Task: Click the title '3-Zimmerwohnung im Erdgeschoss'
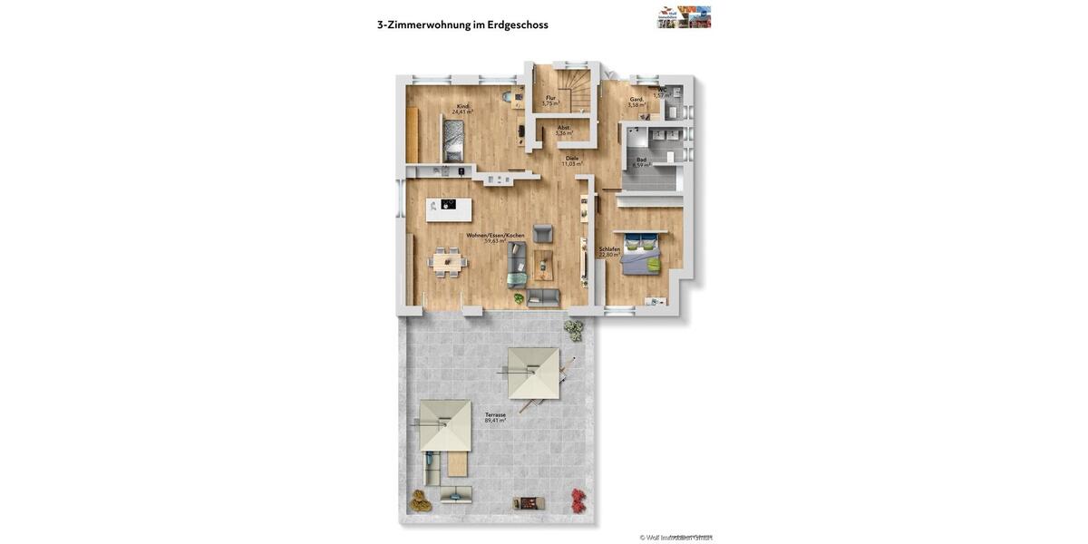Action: pyautogui.click(x=462, y=24)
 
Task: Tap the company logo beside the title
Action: pyautogui.click(x=684, y=17)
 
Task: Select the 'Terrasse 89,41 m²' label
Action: pyautogui.click(x=495, y=417)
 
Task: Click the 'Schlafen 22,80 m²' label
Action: pyautogui.click(x=609, y=251)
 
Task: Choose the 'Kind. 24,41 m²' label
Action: pyautogui.click(x=462, y=109)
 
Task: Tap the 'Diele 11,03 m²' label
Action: pyautogui.click(x=572, y=160)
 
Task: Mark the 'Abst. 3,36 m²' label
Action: pyautogui.click(x=564, y=130)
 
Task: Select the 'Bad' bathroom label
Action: pyautogui.click(x=641, y=161)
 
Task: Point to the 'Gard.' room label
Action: pyautogui.click(x=636, y=102)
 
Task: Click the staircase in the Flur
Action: pyautogui.click(x=575, y=90)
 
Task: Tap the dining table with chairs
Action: pyautogui.click(x=447, y=261)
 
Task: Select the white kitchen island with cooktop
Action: pyautogui.click(x=449, y=209)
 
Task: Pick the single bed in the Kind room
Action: pyautogui.click(x=453, y=141)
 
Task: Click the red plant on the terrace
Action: pyautogui.click(x=578, y=498)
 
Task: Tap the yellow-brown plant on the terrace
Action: pyautogui.click(x=419, y=498)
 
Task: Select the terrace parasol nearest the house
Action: pyautogui.click(x=533, y=373)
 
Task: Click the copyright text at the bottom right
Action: pyautogui.click(x=675, y=537)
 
